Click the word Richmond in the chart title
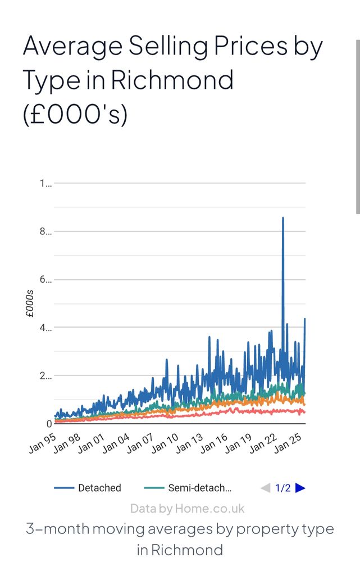click(172, 80)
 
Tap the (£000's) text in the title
click(75, 115)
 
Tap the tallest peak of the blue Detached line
click(283, 218)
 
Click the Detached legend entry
click(99, 488)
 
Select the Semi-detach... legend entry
click(199, 488)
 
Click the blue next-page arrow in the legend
click(300, 488)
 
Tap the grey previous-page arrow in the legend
click(266, 488)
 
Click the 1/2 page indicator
click(283, 488)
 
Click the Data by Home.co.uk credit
click(188, 509)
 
